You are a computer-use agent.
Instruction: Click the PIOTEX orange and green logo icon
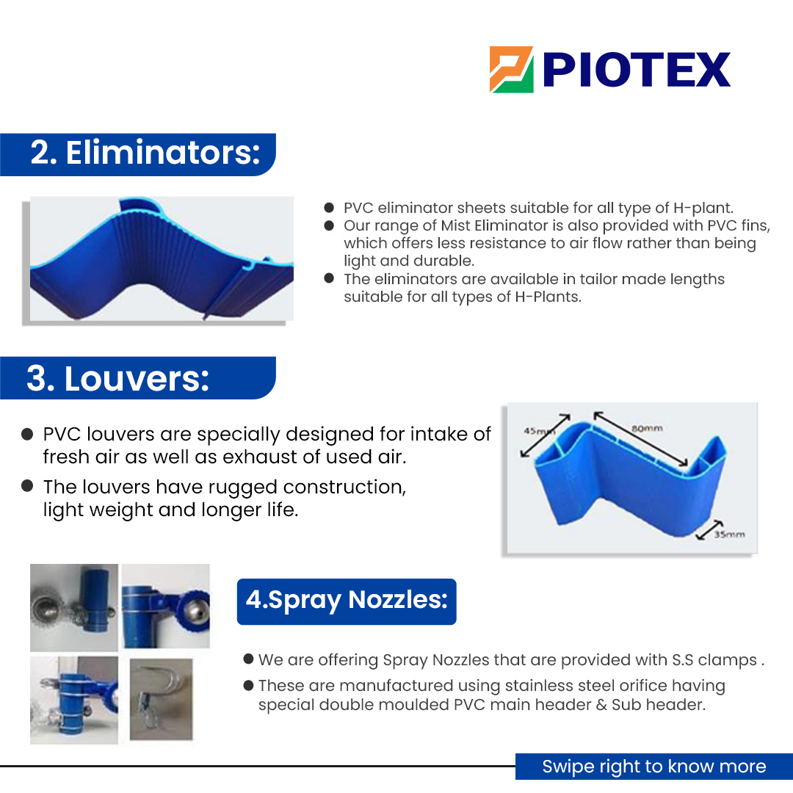[512, 70]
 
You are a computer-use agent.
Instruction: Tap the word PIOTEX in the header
[637, 70]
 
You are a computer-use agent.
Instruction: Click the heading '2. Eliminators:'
[145, 153]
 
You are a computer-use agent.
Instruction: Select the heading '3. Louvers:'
[117, 378]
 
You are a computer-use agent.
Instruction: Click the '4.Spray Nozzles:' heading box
[347, 601]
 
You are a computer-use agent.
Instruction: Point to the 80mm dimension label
[647, 427]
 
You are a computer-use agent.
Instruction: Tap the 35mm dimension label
[729, 535]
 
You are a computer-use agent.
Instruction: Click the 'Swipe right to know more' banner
[653, 767]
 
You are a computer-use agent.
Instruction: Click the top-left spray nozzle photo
[73, 607]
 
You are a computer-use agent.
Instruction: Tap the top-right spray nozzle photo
[166, 607]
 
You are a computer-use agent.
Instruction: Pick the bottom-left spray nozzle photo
[73, 700]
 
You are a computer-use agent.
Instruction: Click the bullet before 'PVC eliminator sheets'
[329, 208]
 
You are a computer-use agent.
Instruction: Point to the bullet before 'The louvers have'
[27, 485]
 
